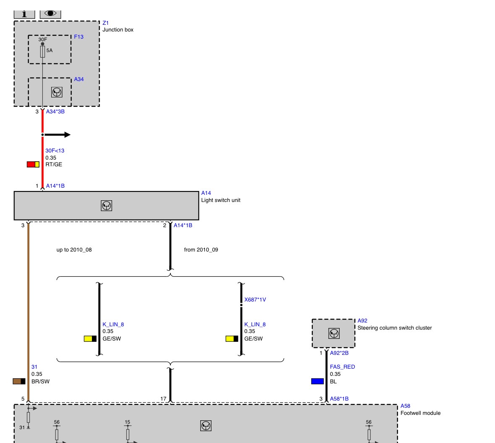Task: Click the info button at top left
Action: (24, 14)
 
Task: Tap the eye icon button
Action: (50, 14)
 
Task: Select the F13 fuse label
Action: (79, 37)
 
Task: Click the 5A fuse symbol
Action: (43, 52)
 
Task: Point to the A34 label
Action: (79, 79)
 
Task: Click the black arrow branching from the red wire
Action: (57, 135)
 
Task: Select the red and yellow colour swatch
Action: (33, 164)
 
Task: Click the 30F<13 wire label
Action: (55, 151)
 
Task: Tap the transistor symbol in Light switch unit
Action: (106, 206)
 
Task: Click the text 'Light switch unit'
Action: (221, 200)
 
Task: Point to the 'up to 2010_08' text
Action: (74, 250)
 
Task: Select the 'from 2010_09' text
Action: (201, 250)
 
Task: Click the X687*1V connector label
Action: (255, 300)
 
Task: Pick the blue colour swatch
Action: (317, 381)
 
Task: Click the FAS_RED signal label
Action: (343, 367)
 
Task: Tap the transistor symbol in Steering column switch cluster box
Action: (334, 333)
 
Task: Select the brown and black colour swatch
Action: (19, 381)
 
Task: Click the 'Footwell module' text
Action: (421, 413)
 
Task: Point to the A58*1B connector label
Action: (339, 399)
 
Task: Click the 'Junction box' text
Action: (118, 30)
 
